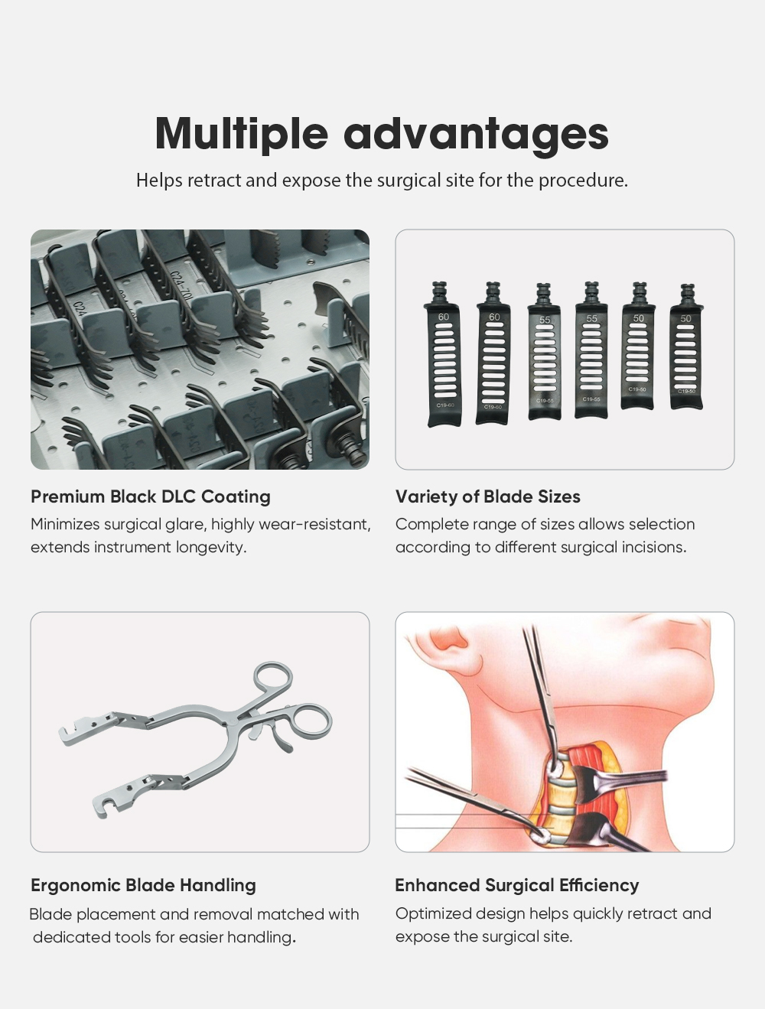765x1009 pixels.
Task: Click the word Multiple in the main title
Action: (242, 133)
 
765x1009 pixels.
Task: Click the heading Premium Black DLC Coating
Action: (151, 497)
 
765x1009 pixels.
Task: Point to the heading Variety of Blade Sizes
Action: (488, 497)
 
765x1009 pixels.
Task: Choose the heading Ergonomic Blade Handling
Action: (144, 885)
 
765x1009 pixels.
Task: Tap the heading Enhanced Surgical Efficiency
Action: (517, 885)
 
